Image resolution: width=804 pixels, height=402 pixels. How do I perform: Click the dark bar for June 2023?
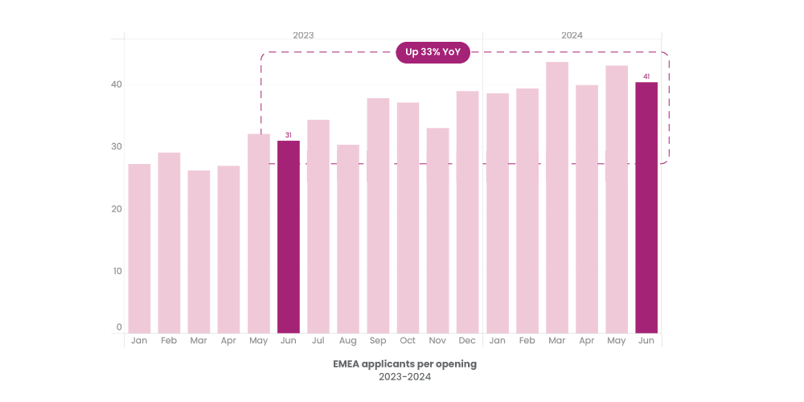tap(288, 237)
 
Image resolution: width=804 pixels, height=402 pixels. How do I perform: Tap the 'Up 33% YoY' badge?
tap(433, 52)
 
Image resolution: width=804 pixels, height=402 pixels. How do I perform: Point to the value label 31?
tap(288, 135)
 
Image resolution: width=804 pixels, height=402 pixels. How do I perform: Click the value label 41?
tap(646, 76)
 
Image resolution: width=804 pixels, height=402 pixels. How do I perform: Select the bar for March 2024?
tap(556, 197)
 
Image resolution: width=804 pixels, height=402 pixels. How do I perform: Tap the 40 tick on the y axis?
tap(117, 84)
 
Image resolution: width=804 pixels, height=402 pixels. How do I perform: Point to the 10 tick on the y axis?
tap(117, 271)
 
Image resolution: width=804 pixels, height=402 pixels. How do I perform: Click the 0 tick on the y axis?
tap(119, 327)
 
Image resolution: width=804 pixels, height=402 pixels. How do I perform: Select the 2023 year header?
tap(303, 35)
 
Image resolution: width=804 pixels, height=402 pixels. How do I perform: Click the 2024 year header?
tap(572, 35)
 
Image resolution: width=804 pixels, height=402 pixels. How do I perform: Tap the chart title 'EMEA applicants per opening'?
tap(404, 363)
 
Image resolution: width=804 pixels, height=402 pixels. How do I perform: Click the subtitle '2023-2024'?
tap(404, 376)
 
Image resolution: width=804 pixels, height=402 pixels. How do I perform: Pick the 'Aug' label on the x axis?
tap(348, 341)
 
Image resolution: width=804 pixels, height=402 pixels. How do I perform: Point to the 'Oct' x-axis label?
tap(408, 341)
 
